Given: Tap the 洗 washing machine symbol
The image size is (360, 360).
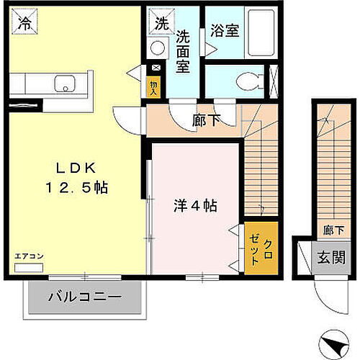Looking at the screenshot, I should pyautogui.click(x=160, y=23).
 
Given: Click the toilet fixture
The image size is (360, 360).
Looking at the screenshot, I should pyautogui.click(x=248, y=81).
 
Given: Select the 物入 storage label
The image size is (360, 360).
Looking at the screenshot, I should pyautogui.click(x=153, y=86).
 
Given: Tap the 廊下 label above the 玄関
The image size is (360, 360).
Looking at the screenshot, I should pyautogui.click(x=333, y=230).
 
